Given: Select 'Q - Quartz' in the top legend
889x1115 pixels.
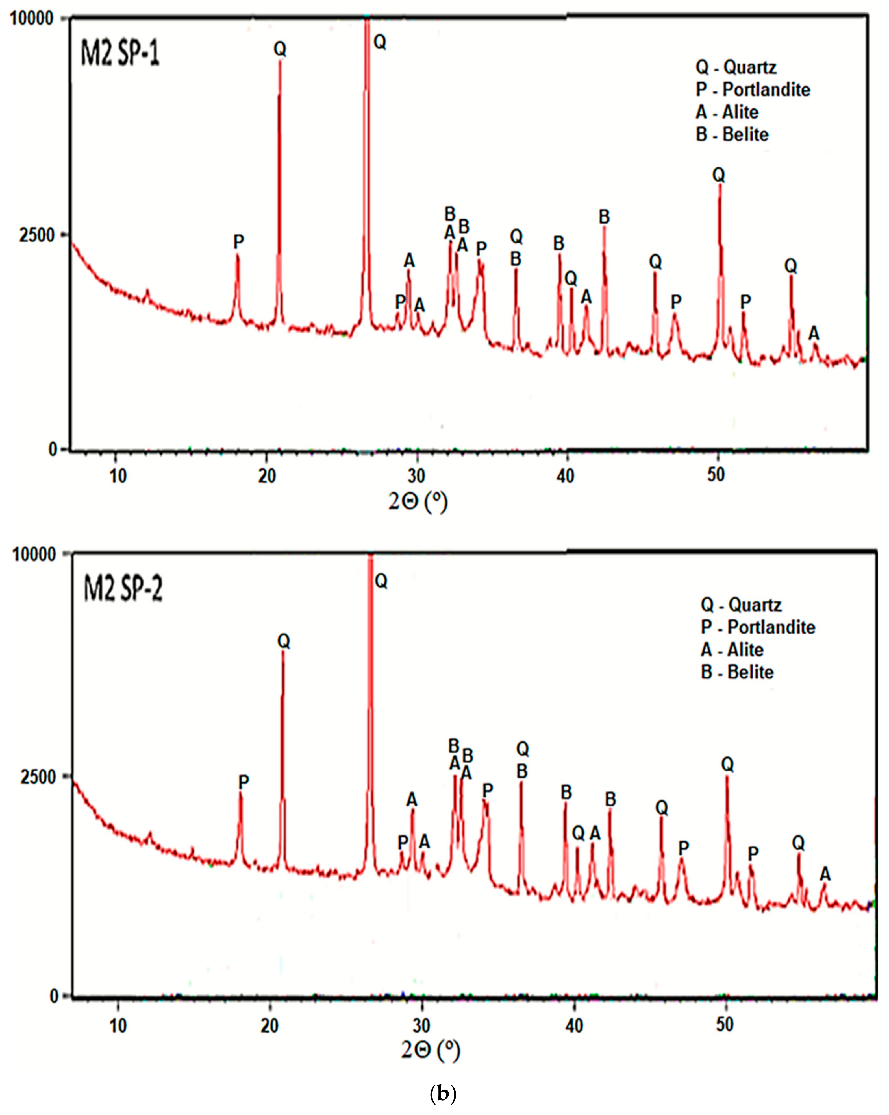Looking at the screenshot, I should pyautogui.click(x=735, y=67).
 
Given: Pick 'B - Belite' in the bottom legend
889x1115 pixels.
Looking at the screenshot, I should pyautogui.click(x=737, y=672).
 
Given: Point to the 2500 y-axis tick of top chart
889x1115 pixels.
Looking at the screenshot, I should pyautogui.click(x=36, y=235).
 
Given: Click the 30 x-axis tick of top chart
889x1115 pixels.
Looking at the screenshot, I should pyautogui.click(x=417, y=475).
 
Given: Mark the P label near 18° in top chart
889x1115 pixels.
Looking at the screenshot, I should pyautogui.click(x=238, y=241).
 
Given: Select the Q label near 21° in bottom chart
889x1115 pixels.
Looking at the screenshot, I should pyautogui.click(x=284, y=641).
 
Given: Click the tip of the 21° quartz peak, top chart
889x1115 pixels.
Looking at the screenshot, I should pyautogui.click(x=280, y=61).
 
